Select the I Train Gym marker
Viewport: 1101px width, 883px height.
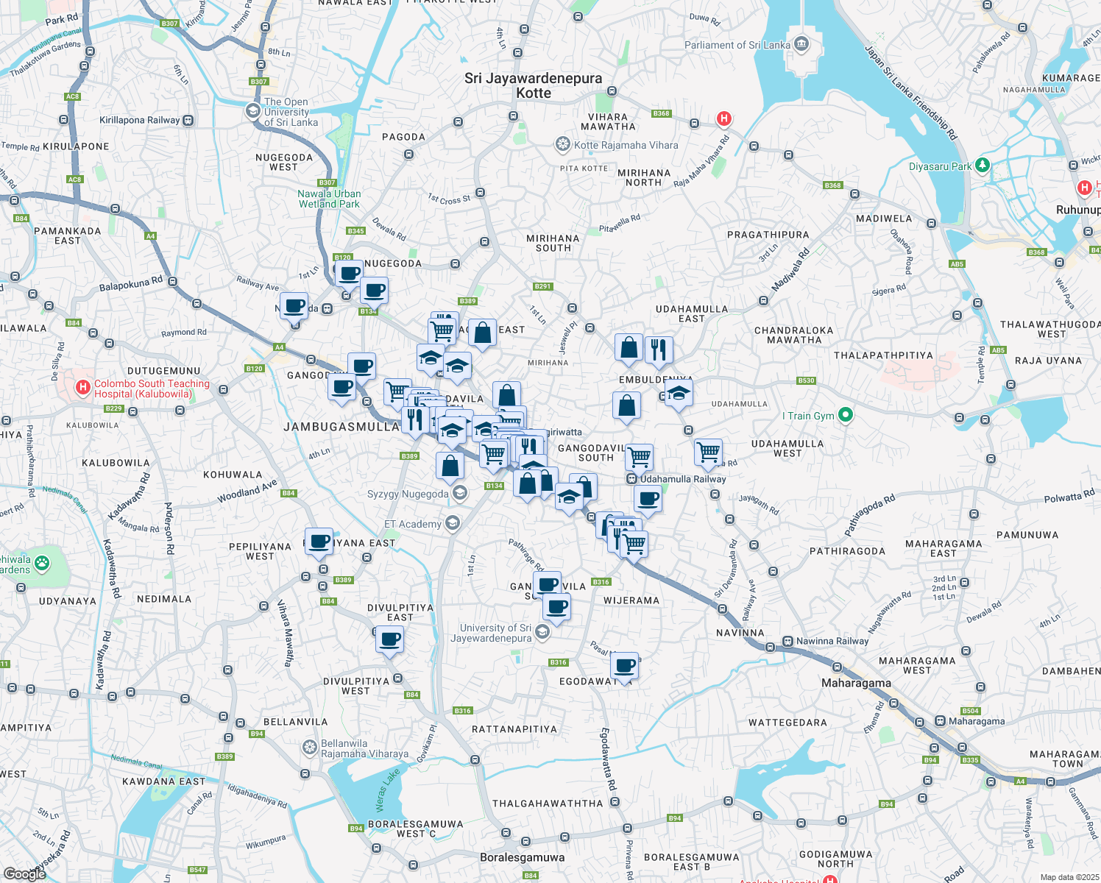[846, 416]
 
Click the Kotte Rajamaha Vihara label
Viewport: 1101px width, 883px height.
[626, 145]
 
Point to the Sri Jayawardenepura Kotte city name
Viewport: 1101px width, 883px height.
[533, 85]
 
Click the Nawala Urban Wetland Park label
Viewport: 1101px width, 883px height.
[329, 199]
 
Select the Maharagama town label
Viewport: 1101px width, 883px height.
[856, 683]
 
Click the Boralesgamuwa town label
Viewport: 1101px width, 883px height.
[522, 857]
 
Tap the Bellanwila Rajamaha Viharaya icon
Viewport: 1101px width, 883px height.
[310, 748]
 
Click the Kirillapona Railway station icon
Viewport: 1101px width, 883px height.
[188, 120]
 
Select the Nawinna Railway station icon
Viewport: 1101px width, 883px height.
[787, 641]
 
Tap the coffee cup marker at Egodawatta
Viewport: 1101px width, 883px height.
[625, 666]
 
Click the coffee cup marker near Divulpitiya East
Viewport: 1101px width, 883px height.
[389, 639]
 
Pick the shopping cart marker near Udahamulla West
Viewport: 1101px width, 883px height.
[708, 451]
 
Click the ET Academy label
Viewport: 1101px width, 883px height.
[412, 524]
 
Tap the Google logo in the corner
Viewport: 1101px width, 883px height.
[25, 873]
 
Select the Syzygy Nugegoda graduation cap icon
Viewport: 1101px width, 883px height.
[460, 493]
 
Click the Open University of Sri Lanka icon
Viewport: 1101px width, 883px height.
[252, 111]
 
